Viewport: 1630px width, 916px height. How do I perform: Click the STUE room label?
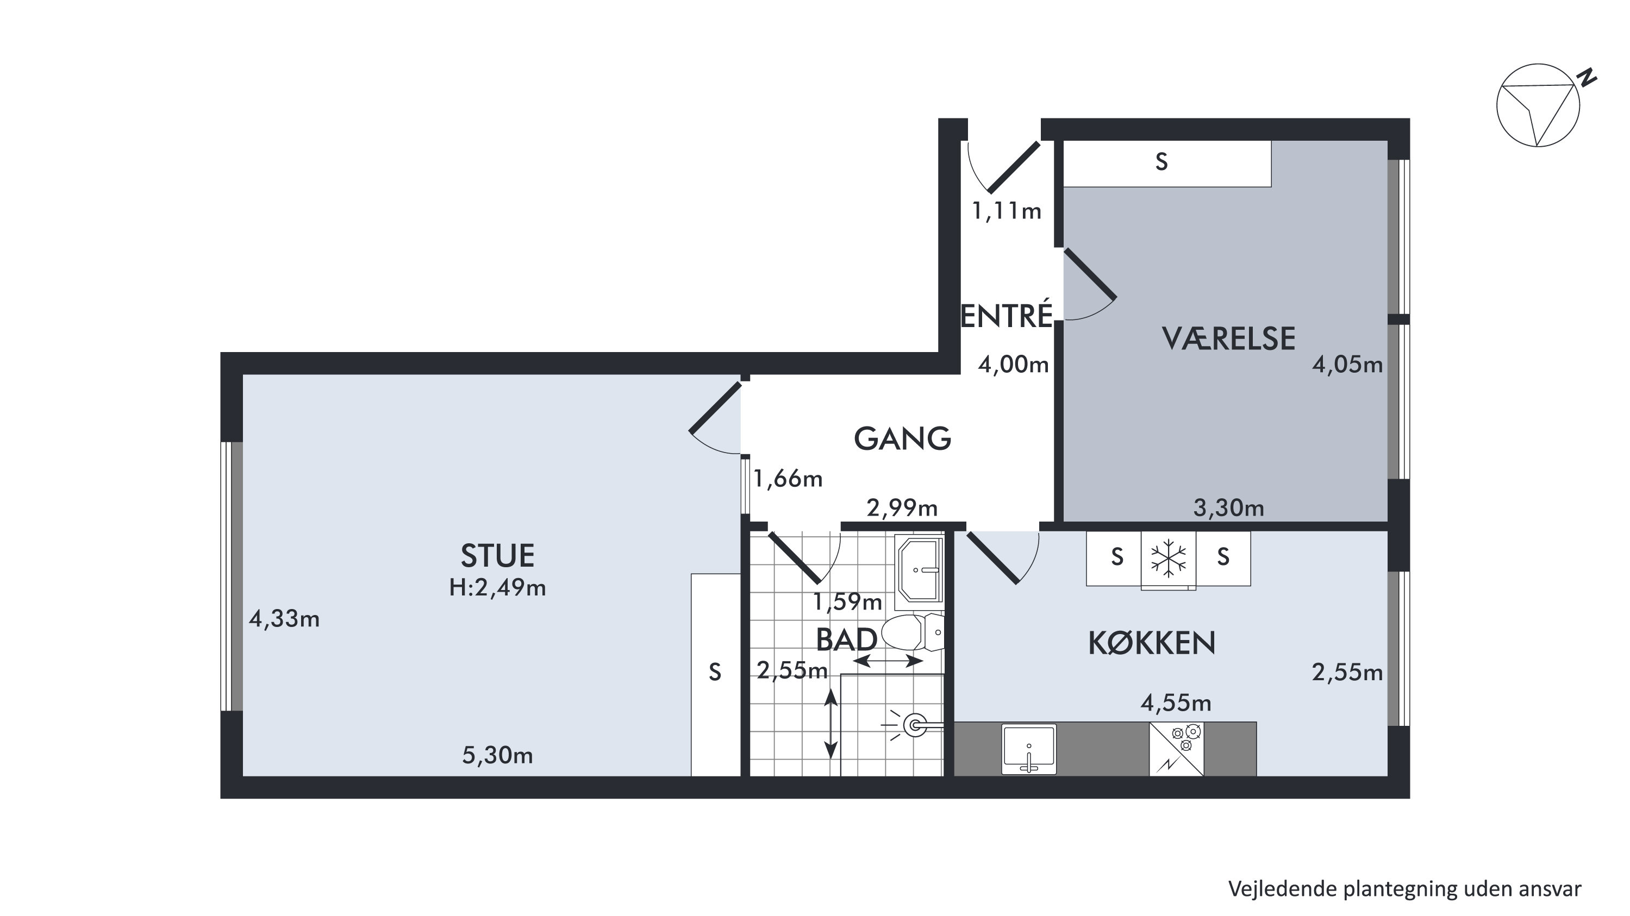click(x=497, y=556)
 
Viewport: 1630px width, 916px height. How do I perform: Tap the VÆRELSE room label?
click(x=1228, y=338)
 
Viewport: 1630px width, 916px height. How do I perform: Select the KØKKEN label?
click(x=1152, y=643)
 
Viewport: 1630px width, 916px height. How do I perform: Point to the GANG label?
click(x=902, y=438)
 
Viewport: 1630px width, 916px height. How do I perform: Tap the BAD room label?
click(x=847, y=639)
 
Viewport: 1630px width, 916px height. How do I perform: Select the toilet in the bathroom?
click(x=913, y=632)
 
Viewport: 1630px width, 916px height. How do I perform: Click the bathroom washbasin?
click(x=920, y=570)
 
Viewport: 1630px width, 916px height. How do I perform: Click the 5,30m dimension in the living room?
click(x=497, y=755)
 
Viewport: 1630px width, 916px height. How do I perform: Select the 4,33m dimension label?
click(x=284, y=619)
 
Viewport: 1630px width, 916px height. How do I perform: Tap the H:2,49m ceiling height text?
click(x=497, y=588)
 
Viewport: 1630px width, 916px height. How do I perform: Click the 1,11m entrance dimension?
click(x=1006, y=211)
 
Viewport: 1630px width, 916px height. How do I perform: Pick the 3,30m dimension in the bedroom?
click(x=1228, y=508)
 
